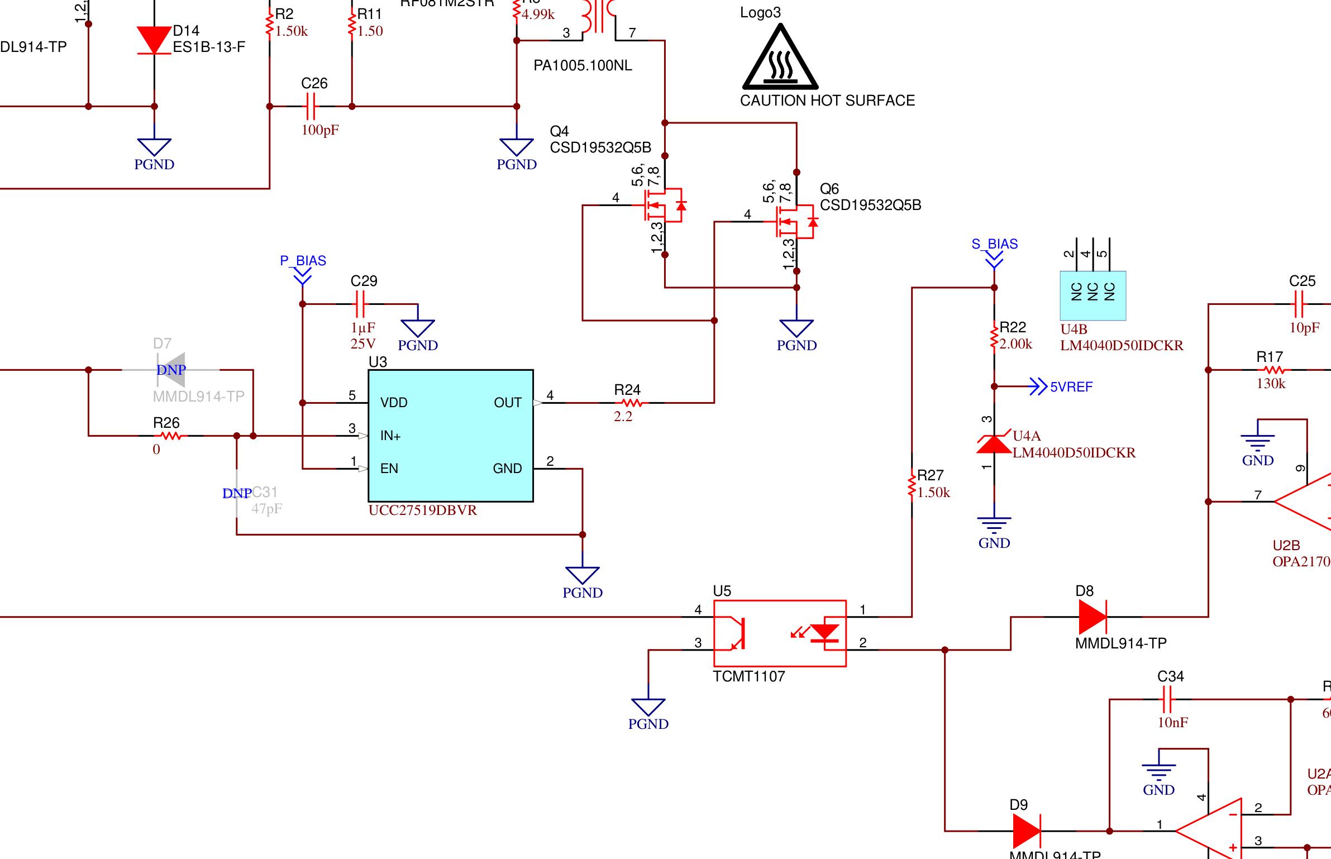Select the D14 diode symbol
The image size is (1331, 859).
click(154, 41)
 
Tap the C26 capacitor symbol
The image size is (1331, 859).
click(311, 106)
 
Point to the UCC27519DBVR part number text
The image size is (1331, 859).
click(423, 510)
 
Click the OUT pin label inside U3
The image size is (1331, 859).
click(507, 403)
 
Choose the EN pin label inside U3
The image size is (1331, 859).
click(389, 469)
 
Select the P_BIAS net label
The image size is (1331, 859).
click(303, 261)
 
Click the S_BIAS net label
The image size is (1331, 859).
click(995, 244)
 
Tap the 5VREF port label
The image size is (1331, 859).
click(1071, 387)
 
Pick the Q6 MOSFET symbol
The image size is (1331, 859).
click(795, 222)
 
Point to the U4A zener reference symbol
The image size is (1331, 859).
click(994, 444)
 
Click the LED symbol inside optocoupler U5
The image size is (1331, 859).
click(824, 633)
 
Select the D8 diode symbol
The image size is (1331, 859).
click(1093, 617)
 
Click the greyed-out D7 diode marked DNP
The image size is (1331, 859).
click(171, 370)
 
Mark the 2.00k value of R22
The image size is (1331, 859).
click(1015, 344)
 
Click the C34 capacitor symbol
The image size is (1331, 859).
click(1167, 699)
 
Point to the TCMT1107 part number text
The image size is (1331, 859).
click(749, 676)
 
